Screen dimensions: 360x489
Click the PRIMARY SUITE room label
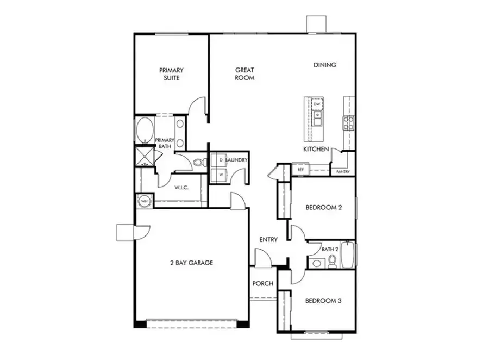171,74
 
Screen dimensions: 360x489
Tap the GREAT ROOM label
245,74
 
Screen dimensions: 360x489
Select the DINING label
325,65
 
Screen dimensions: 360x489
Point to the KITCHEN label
316,149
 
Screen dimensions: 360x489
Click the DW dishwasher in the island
317,103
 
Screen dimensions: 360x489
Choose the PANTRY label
343,172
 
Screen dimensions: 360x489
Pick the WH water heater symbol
145,201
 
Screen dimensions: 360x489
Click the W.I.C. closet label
181,188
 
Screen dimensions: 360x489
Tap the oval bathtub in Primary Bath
144,131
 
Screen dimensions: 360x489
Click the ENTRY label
268,240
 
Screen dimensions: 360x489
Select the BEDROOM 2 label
323,207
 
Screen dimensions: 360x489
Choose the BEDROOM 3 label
323,301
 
